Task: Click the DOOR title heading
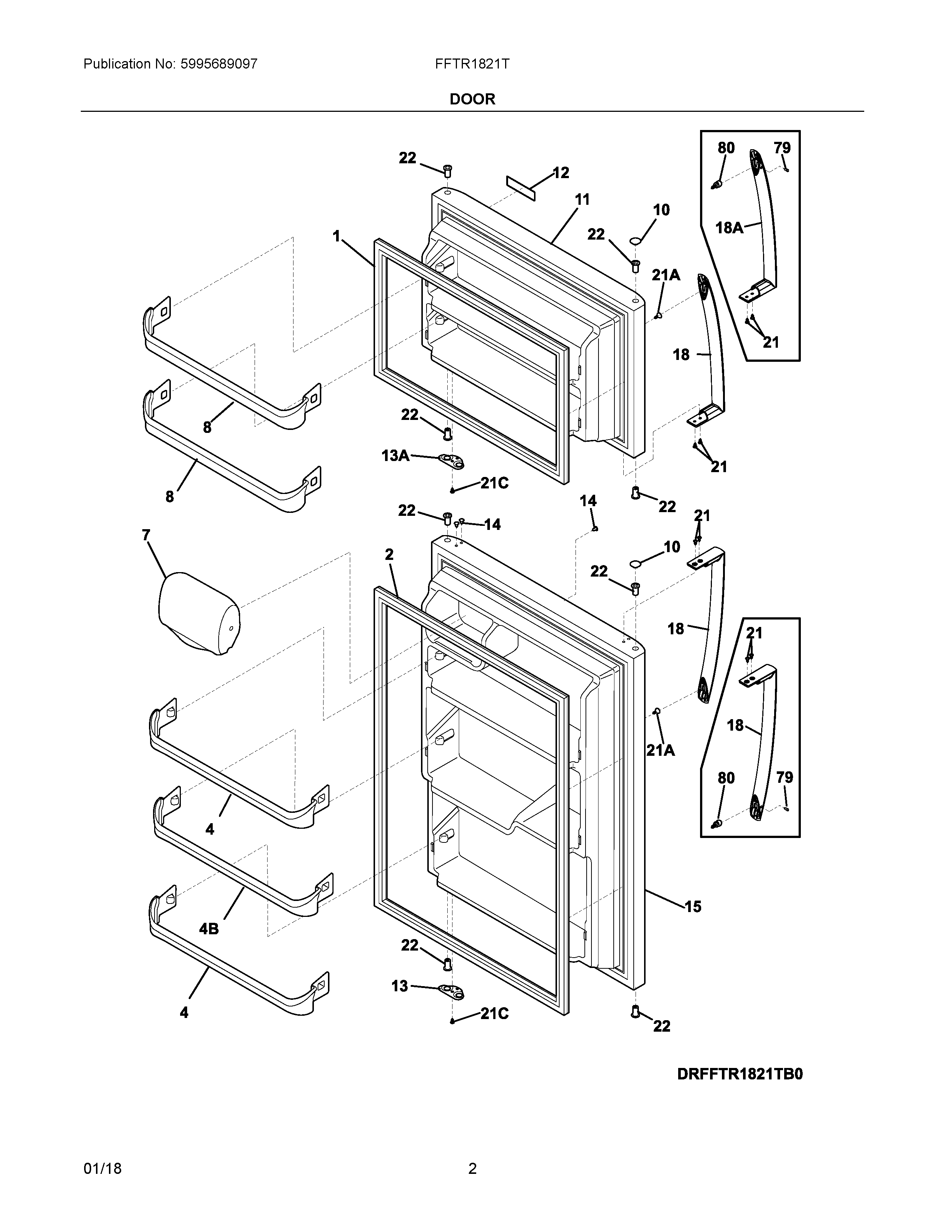[472, 99]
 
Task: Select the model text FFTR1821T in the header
[472, 64]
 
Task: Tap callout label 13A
[395, 455]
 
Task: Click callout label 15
[693, 907]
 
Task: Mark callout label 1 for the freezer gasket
[336, 237]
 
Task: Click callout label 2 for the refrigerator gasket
[389, 554]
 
